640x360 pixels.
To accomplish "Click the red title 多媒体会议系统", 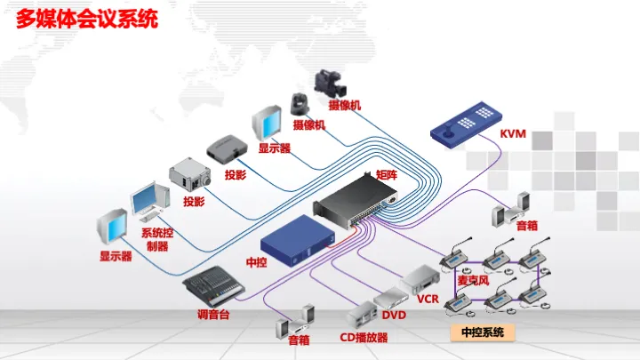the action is pos(87,20).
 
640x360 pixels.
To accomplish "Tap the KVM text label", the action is pos(513,134).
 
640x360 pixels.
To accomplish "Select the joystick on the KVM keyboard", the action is pos(448,130).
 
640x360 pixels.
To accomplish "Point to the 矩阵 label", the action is pos(386,175).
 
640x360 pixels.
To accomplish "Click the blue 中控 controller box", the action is pos(298,240).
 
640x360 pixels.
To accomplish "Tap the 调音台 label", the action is pos(213,315).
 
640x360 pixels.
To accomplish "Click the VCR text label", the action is pos(428,300).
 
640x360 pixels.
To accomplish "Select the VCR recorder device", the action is pos(420,279).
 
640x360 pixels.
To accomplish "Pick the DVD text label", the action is pos(394,315).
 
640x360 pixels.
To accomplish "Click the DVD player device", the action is pos(391,298).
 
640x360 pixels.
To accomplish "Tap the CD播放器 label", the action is pos(364,338).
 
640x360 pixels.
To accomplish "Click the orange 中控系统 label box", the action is pos(483,332).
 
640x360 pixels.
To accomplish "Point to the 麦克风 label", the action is pos(473,280).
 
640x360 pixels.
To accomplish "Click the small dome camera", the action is pos(300,104).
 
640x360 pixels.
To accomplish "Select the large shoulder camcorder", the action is pos(331,83).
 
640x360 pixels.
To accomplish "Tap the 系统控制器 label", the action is pos(157,240).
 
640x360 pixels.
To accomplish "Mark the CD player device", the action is pos(362,315).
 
